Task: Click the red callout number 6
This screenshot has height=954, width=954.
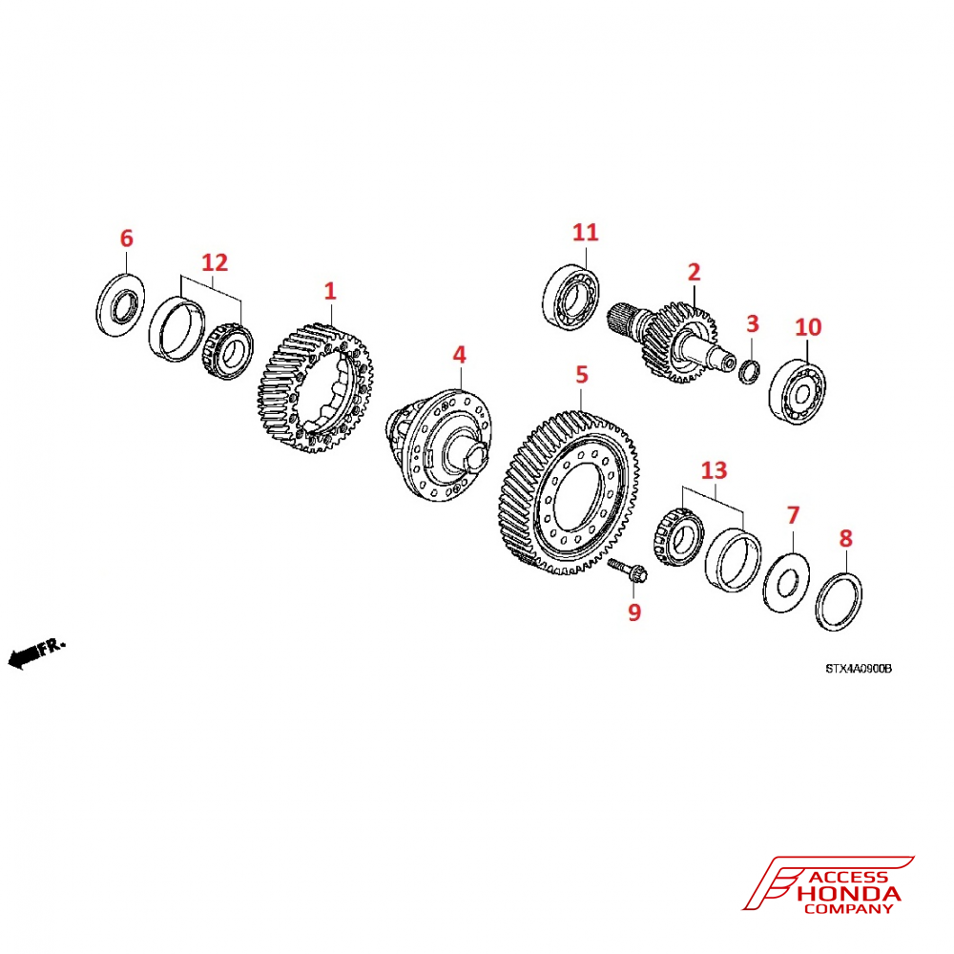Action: click(127, 238)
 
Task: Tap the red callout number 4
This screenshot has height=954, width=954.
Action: click(459, 355)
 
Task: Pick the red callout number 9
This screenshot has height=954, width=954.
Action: click(634, 612)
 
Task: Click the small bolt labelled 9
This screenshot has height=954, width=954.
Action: click(628, 571)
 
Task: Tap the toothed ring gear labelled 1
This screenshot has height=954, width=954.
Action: click(315, 390)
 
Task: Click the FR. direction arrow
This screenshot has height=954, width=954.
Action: click(36, 653)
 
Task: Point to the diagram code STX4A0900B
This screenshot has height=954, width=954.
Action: click(858, 669)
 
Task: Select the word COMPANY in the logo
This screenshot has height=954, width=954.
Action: click(848, 909)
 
